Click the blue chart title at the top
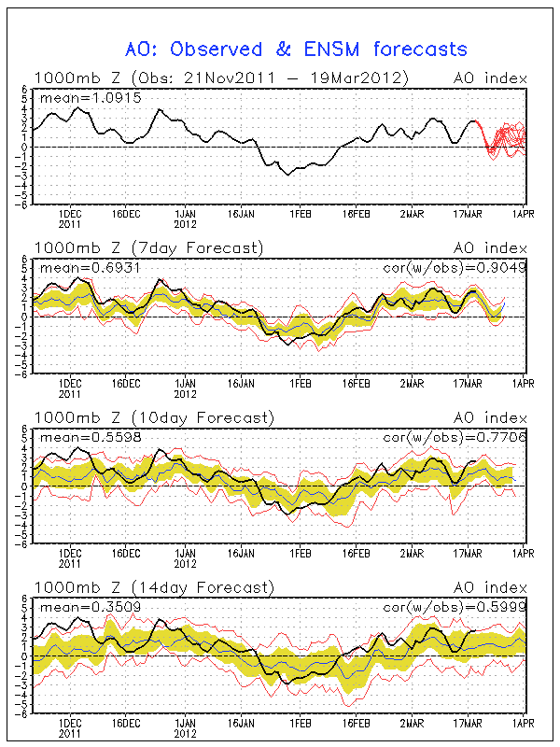[x=296, y=49]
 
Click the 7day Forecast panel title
[x=149, y=247]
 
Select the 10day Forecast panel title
[x=153, y=417]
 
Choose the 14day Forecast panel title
[x=153, y=587]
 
